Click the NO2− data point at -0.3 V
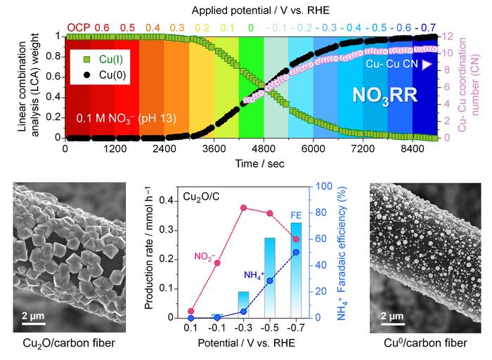243,207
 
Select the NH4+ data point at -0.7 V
296,252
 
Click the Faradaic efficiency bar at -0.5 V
269,277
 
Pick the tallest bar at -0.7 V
296,270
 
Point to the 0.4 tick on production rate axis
160,201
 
